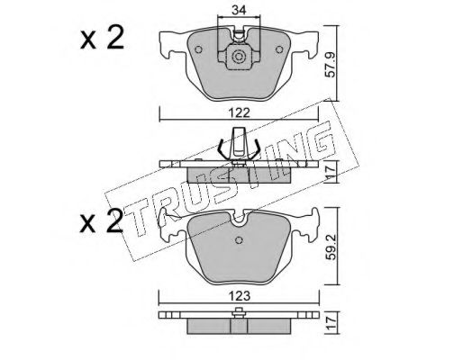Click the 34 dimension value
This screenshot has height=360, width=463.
(239, 11)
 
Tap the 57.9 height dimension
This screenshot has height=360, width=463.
(331, 65)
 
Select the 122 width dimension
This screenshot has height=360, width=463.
(239, 113)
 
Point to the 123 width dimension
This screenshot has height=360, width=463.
(239, 296)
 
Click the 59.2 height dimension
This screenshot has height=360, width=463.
(331, 247)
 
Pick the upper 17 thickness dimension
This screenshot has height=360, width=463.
(331, 173)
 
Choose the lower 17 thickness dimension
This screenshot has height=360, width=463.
(331, 323)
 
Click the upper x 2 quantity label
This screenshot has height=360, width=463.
(102, 38)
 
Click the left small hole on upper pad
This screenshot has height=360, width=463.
(198, 49)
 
